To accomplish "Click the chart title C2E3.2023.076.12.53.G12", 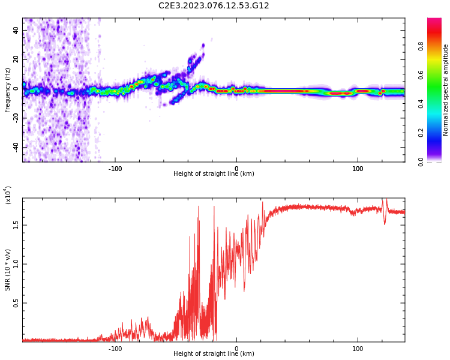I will (x=214, y=5).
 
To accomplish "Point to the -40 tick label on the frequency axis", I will (x=15, y=147).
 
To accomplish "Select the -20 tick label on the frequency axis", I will (x=15, y=118).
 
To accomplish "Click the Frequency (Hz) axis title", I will (x=8, y=90).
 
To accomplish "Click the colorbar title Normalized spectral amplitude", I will (x=446, y=90).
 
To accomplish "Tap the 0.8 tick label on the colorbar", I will (x=437, y=46).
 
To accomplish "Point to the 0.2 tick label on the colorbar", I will (x=437, y=133).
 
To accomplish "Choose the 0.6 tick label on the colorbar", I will (x=437, y=75).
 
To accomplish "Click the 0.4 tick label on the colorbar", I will (x=437, y=104).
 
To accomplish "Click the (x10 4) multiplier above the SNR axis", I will (x=8, y=195).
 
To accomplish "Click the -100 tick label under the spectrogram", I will (x=115, y=169).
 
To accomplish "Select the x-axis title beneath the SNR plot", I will (x=214, y=354).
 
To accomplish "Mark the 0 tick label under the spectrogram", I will (x=236, y=169).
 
